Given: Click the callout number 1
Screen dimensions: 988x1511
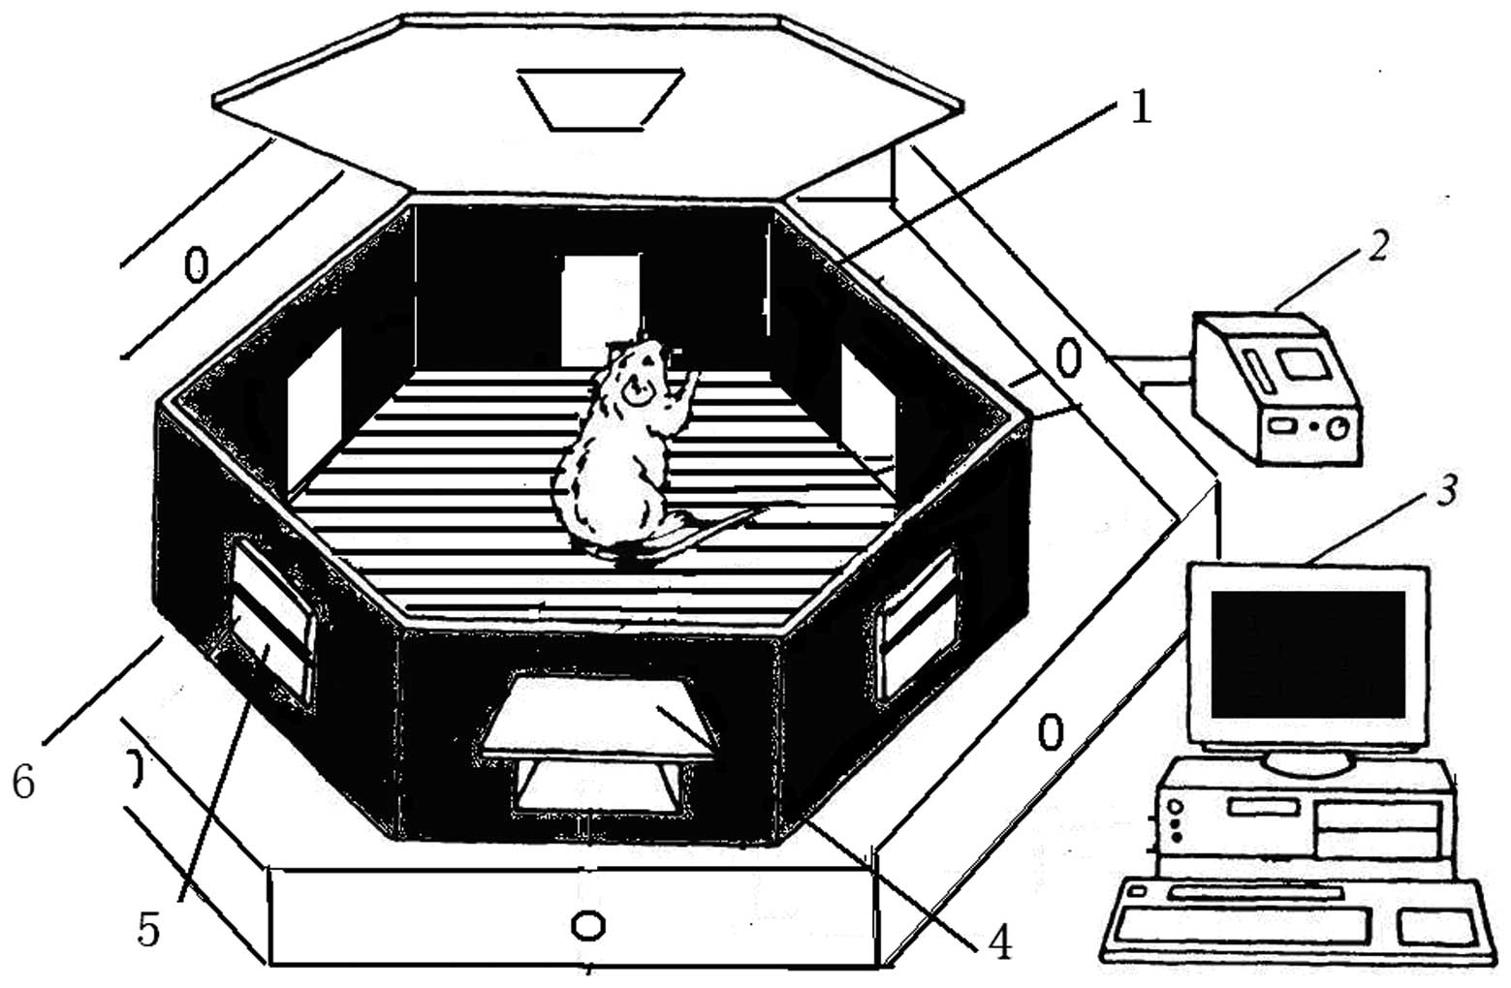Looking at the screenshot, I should click(x=1141, y=108).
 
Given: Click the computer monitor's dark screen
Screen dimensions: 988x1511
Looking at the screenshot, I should click(x=1306, y=653).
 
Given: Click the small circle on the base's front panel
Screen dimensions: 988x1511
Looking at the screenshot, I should click(x=587, y=925).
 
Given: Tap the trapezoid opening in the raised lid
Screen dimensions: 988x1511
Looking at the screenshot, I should click(x=602, y=97).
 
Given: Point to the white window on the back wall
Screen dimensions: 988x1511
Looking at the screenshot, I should click(x=601, y=302).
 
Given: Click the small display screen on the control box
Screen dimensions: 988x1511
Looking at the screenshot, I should click(x=1299, y=364).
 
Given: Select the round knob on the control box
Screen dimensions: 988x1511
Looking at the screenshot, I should click(x=1338, y=427).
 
